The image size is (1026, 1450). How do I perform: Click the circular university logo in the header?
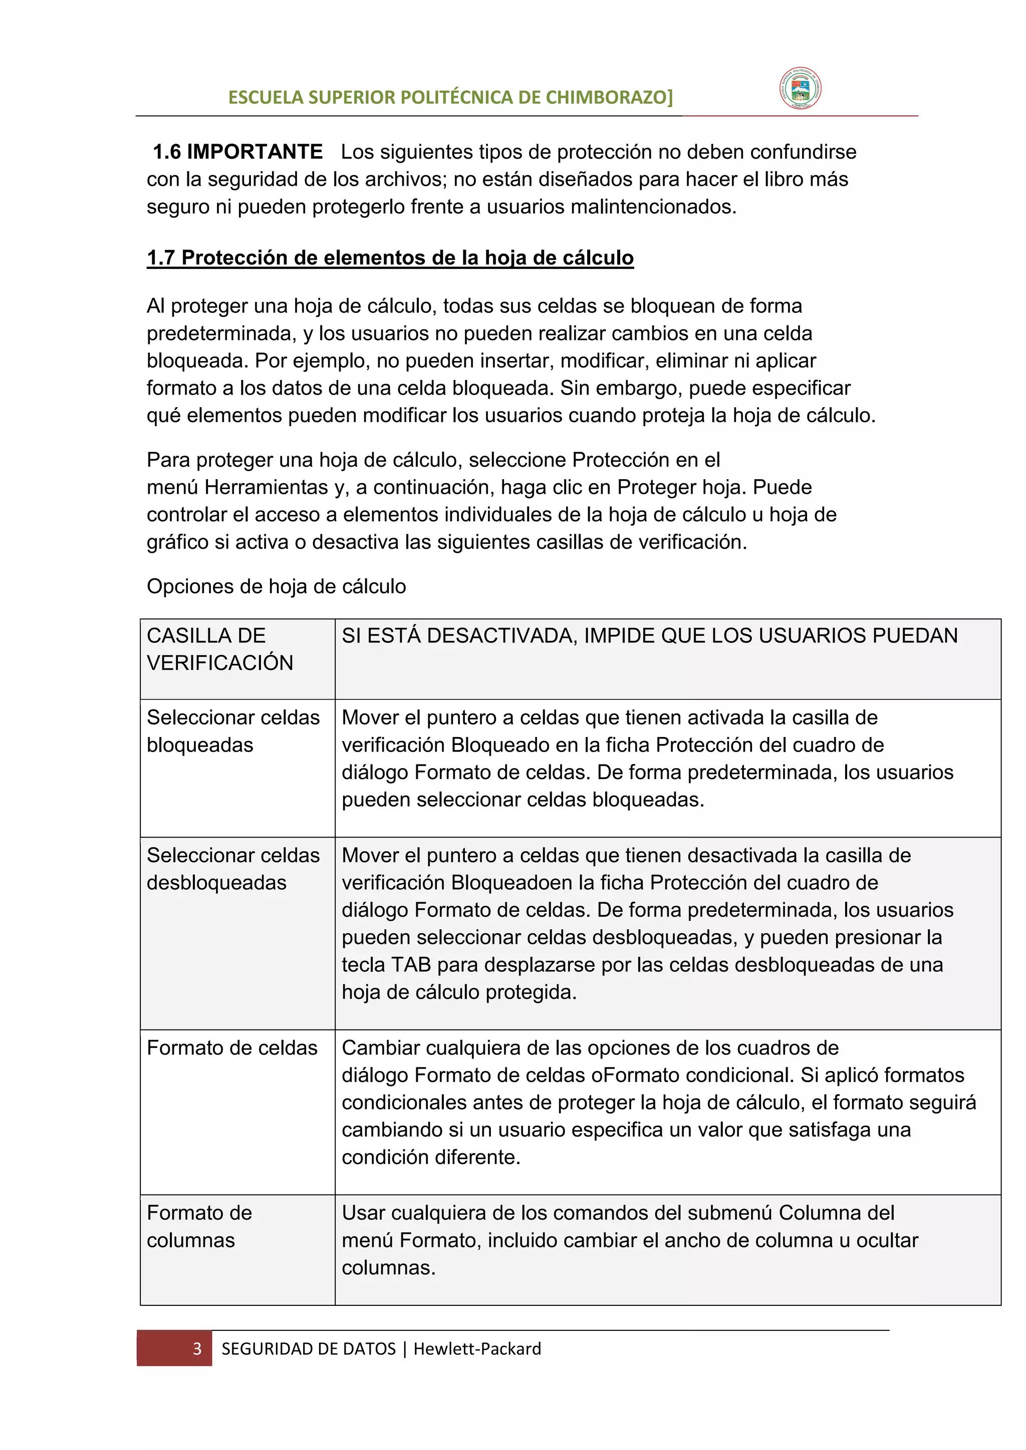coord(800,89)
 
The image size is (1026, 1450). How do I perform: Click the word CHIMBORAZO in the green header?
coord(609,97)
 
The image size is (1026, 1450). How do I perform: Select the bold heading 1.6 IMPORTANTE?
coord(237,152)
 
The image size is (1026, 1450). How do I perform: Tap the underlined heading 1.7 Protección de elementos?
coord(390,258)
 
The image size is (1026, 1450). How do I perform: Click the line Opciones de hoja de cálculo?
coord(276,586)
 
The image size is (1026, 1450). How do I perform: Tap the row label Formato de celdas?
coord(232,1048)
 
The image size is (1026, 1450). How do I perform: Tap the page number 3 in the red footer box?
coord(196,1348)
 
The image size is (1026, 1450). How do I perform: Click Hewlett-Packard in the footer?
coord(477,1348)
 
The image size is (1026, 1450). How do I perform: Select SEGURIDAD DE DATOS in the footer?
coord(308,1348)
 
